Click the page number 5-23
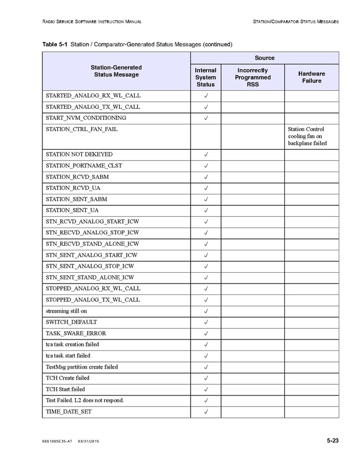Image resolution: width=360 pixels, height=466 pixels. click(x=333, y=441)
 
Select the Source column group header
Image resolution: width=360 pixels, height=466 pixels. click(x=264, y=58)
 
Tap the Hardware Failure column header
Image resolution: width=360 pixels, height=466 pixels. click(x=311, y=77)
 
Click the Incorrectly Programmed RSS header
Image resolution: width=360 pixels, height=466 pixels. click(x=253, y=77)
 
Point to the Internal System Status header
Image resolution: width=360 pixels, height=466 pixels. click(x=206, y=77)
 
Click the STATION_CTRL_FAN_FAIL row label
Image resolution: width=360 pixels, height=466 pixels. click(x=82, y=129)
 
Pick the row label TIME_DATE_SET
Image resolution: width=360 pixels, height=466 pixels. click(x=69, y=412)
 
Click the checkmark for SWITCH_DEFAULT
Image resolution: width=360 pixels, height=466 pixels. click(x=206, y=322)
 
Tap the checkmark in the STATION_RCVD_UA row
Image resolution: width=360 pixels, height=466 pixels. click(x=206, y=188)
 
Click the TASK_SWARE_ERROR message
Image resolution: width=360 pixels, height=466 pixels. click(x=76, y=333)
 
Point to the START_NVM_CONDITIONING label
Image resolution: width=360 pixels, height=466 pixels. click(x=86, y=118)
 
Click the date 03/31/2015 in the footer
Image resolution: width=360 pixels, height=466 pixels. click(x=89, y=441)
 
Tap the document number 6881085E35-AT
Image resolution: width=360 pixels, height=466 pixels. click(x=57, y=441)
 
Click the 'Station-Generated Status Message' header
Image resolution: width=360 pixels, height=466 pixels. click(x=116, y=71)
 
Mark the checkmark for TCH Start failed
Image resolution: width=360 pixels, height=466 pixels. click(x=206, y=389)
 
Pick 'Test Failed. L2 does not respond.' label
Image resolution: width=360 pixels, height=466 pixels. click(x=85, y=400)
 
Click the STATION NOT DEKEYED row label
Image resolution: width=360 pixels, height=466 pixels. click(x=79, y=154)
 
